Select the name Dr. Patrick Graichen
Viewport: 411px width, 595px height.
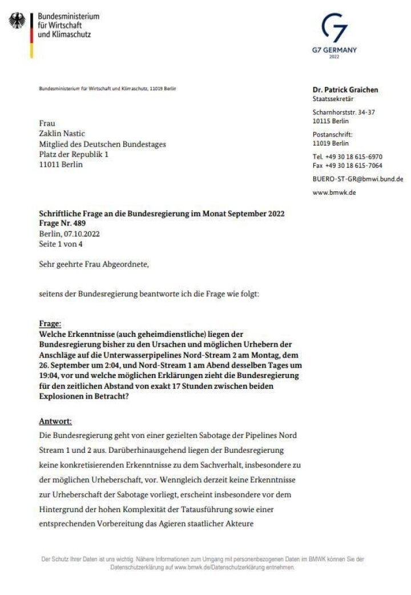click(x=345, y=90)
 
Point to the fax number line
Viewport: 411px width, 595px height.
click(x=347, y=166)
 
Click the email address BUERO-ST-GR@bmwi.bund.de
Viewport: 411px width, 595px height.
click(x=358, y=179)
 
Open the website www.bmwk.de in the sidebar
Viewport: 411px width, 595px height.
click(x=335, y=192)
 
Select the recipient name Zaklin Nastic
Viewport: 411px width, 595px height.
click(x=61, y=134)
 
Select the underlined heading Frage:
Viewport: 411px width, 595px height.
click(x=51, y=323)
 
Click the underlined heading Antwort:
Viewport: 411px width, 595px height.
click(x=55, y=421)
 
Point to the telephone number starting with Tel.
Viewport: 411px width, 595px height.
click(x=347, y=156)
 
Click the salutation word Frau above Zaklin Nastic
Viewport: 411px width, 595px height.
click(x=47, y=123)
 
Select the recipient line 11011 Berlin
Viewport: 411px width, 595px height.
click(x=61, y=164)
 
